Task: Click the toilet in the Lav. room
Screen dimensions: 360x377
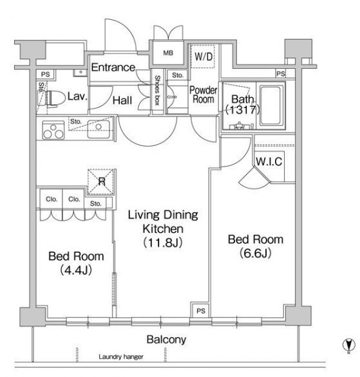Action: coord(55,98)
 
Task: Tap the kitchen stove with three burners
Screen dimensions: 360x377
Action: coord(53,131)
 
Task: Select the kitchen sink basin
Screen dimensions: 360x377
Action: coord(99,129)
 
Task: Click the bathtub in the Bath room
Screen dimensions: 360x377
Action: coord(270,106)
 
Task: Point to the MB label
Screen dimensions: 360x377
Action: coord(168,53)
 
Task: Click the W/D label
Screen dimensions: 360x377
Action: coord(204,57)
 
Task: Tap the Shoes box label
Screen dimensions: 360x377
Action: coord(157,91)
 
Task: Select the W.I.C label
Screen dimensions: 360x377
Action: coord(269,161)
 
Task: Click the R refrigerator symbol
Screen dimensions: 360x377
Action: coord(101,181)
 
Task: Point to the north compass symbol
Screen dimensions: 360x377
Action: coord(348,345)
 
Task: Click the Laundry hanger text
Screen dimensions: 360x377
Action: coord(121,357)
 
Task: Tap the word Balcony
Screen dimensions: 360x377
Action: coord(166,340)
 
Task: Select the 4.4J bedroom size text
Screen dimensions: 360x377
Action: coord(76,270)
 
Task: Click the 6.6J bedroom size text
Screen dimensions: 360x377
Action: coord(256,253)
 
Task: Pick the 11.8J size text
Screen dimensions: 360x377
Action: coord(163,243)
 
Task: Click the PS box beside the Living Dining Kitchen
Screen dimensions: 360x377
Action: coord(201,310)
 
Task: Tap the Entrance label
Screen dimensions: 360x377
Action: coord(113,68)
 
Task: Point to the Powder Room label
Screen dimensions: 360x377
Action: coord(204,95)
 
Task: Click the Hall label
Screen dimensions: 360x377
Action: coord(122,100)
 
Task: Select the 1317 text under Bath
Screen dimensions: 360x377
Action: coord(243,110)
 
